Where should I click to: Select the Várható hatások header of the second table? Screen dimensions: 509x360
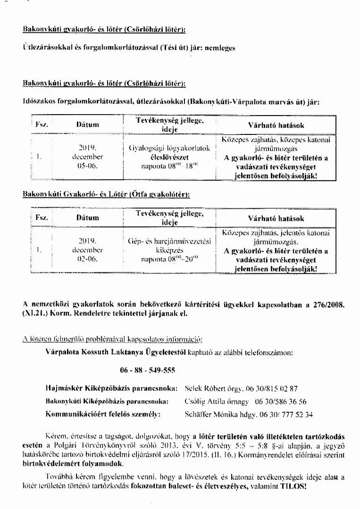pos(276,218)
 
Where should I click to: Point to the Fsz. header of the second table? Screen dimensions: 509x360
pos(42,218)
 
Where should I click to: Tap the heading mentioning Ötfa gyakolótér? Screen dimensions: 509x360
pos(106,194)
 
